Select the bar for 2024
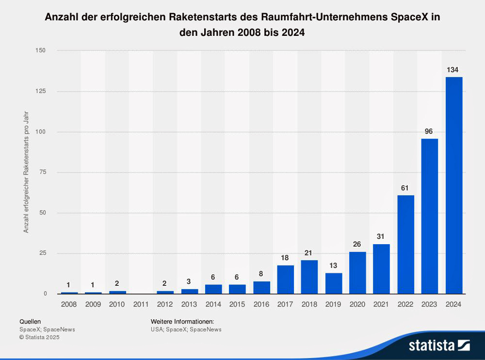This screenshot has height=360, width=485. (x=453, y=185)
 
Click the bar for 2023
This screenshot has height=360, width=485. (x=430, y=216)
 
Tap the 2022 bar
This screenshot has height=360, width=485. (x=405, y=244)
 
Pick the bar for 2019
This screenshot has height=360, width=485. (x=334, y=283)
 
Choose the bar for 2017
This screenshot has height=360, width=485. (x=286, y=279)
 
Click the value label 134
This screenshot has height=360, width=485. (x=453, y=70)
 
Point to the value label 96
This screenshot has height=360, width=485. (x=429, y=131)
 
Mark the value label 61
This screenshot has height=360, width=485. (x=405, y=188)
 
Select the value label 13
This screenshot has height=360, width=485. (x=334, y=266)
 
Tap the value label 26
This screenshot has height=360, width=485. (x=357, y=244)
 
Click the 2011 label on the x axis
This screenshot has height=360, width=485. (x=141, y=304)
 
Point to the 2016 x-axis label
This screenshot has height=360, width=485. (x=261, y=304)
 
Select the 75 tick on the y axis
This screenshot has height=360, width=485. (x=43, y=172)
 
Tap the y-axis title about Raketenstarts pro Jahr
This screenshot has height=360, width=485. (x=26, y=172)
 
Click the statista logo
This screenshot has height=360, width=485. (x=439, y=345)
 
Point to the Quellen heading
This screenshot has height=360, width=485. (x=30, y=321)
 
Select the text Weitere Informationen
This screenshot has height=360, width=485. (x=182, y=321)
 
